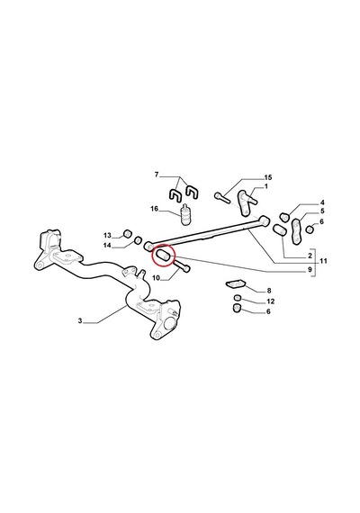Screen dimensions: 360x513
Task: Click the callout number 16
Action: tap(154, 209)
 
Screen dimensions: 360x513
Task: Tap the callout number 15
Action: tap(268, 177)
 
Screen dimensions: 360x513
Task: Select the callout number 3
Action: tap(80, 321)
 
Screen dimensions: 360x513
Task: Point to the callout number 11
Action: tap(323, 261)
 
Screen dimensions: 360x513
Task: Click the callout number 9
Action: tap(310, 270)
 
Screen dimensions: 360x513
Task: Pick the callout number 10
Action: tap(156, 278)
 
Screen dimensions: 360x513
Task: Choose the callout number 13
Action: tap(107, 235)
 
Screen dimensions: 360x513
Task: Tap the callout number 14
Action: tap(107, 246)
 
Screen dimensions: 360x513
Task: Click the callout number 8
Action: tap(269, 291)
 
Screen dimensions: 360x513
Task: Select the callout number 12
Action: tap(271, 301)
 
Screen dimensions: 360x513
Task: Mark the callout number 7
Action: tap(157, 175)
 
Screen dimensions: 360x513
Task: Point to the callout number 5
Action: tap(322, 211)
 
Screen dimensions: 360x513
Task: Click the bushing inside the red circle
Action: tap(164, 256)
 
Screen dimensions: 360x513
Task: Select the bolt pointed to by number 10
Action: tap(182, 266)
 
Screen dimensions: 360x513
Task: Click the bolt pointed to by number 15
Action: tap(222, 197)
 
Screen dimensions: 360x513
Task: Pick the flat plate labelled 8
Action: tap(235, 283)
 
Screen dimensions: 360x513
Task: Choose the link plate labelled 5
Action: tap(296, 231)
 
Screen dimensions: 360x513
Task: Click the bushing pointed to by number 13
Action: tap(127, 234)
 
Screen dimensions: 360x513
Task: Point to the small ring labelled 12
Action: tap(238, 297)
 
